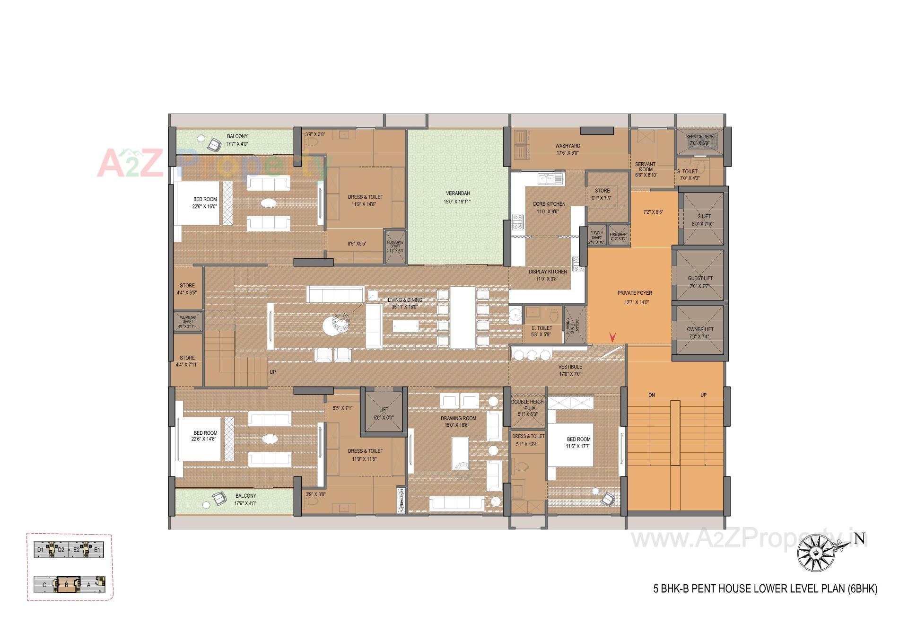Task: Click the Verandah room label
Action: [457, 193]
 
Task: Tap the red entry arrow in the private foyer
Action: [612, 337]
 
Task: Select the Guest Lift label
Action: [700, 278]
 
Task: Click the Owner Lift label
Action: [700, 329]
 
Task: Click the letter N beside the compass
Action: [859, 539]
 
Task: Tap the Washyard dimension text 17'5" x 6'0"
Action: [567, 153]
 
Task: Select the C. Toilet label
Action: [541, 328]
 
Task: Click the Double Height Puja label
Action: [529, 405]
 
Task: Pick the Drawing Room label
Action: [458, 418]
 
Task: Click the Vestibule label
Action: [570, 367]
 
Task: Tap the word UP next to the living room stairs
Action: [272, 372]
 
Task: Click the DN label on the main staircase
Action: [652, 395]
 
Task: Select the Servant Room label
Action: [645, 167]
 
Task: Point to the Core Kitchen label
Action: [549, 204]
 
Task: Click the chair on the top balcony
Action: [214, 144]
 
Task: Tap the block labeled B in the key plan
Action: [66, 585]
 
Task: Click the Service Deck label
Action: [699, 137]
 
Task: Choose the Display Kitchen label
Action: [548, 272]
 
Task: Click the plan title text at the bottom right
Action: [765, 589]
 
